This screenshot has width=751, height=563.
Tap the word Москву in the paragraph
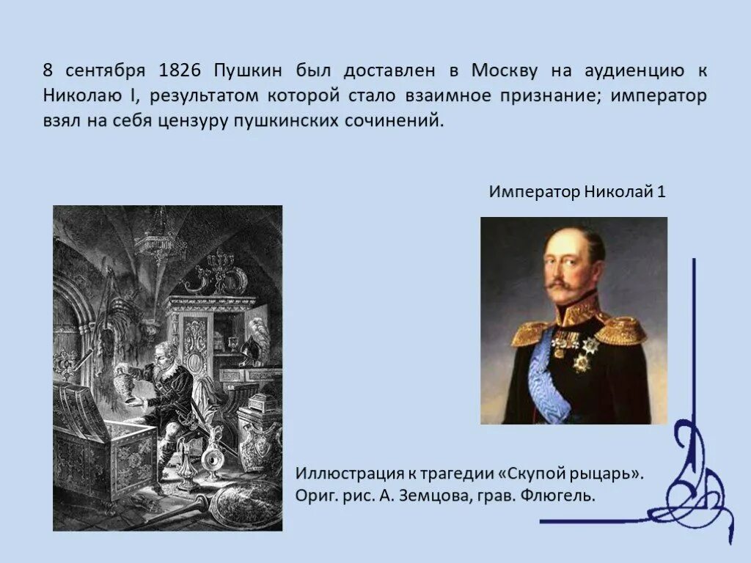point(505,71)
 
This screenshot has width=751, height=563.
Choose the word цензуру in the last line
point(193,121)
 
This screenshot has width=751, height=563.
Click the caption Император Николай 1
point(577,192)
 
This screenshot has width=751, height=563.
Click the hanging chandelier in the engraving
point(160,238)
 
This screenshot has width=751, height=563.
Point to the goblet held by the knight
point(130,385)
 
